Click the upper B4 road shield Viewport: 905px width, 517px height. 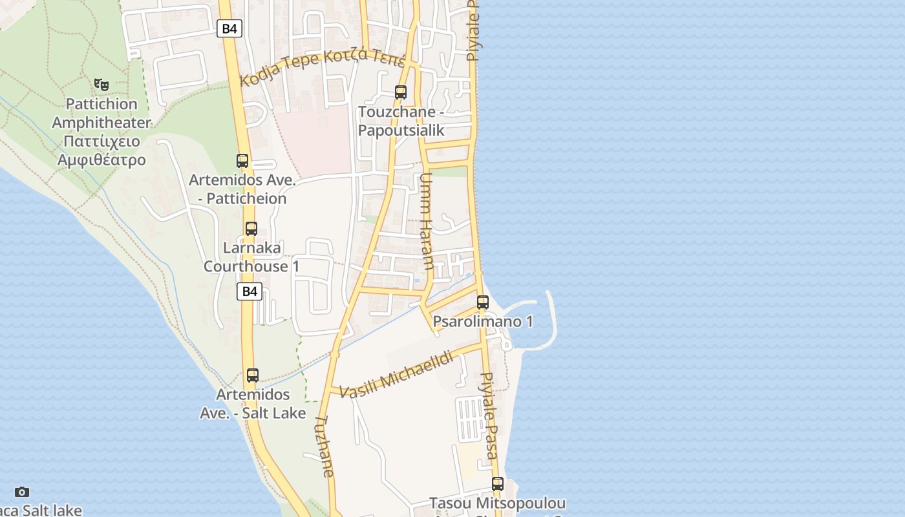pyautogui.click(x=229, y=28)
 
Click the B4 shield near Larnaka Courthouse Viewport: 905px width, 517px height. pyautogui.click(x=250, y=291)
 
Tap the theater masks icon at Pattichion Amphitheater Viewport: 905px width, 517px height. pyautogui.click(x=101, y=84)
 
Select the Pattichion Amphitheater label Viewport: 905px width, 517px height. pyautogui.click(x=101, y=132)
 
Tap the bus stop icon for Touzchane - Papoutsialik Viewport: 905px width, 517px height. pyautogui.click(x=401, y=92)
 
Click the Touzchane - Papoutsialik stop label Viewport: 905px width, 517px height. pyautogui.click(x=401, y=121)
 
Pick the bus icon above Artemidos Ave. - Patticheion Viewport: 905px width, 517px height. pyautogui.click(x=242, y=161)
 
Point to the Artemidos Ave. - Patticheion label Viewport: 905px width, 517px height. pyautogui.click(x=242, y=189)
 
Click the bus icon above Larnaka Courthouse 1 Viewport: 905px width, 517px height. pyautogui.click(x=251, y=229)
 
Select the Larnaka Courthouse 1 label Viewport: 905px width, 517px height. pyautogui.click(x=251, y=257)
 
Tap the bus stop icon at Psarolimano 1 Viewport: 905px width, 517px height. pyautogui.click(x=483, y=302)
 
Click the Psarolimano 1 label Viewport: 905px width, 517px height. pyautogui.click(x=483, y=321)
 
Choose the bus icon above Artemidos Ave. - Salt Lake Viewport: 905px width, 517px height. pyautogui.click(x=253, y=375)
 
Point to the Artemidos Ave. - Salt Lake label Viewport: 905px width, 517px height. pyautogui.click(x=253, y=403)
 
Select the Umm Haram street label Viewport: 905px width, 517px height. pyautogui.click(x=427, y=221)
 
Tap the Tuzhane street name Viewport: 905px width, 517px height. pyautogui.click(x=325, y=446)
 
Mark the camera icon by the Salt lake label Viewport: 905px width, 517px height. pyautogui.click(x=22, y=492)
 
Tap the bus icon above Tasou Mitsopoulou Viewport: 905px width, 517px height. pyautogui.click(x=498, y=483)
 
